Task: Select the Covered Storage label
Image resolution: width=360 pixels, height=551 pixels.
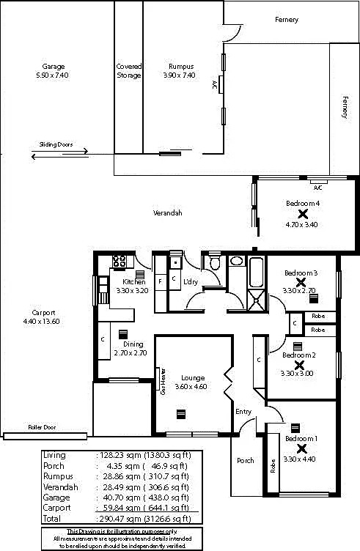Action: [129, 71]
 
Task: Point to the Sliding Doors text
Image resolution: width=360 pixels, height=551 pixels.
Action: [56, 145]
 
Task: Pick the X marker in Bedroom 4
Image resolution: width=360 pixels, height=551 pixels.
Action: [302, 214]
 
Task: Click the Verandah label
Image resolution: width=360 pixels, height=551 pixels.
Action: [167, 213]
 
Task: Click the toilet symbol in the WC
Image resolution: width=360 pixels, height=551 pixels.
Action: [215, 263]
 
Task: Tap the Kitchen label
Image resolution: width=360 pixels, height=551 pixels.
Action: [133, 281]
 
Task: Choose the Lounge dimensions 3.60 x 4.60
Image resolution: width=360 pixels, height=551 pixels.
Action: [194, 387]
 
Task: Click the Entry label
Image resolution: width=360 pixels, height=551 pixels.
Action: [243, 412]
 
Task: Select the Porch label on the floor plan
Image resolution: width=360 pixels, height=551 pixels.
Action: [245, 461]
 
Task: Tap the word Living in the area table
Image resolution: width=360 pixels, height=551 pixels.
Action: [54, 455]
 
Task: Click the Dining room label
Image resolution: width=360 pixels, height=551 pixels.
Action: [133, 344]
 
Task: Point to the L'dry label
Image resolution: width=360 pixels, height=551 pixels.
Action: [191, 282]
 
